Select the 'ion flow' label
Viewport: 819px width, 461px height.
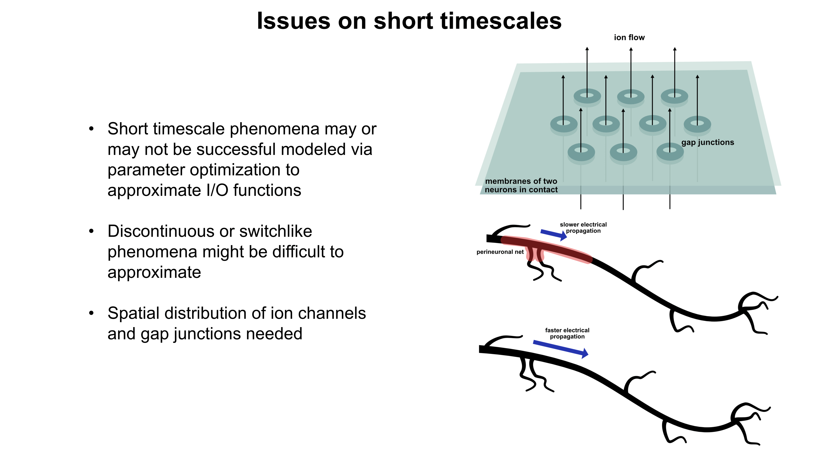(x=629, y=37)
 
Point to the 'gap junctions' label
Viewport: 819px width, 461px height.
(x=708, y=142)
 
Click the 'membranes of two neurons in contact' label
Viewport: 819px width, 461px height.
(x=521, y=186)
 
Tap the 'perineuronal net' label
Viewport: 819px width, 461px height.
(x=500, y=252)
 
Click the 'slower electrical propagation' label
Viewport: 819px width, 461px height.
(x=583, y=227)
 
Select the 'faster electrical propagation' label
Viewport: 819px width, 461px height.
(x=567, y=333)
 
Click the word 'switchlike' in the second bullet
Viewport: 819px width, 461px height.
(x=276, y=231)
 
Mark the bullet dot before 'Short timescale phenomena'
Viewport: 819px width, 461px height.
(x=91, y=129)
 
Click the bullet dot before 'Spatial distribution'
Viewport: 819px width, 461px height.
(x=91, y=313)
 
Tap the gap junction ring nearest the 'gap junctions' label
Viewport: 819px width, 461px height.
(x=697, y=124)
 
